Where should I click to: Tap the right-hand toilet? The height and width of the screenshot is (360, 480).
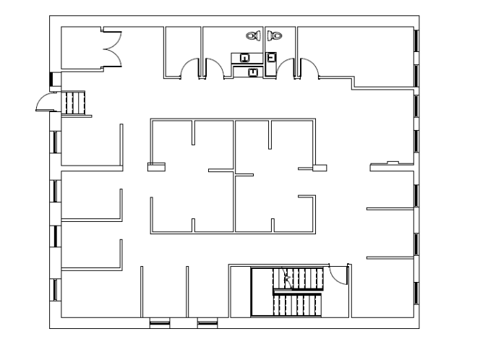[x=277, y=35]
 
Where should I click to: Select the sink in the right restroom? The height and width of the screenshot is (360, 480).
[x=272, y=57]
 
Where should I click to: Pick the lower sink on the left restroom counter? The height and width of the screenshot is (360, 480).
[x=252, y=72]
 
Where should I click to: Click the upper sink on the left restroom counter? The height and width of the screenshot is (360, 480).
[x=245, y=57]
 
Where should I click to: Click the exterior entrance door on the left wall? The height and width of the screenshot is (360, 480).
[x=45, y=104]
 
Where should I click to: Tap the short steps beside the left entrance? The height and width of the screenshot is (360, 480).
[x=75, y=102]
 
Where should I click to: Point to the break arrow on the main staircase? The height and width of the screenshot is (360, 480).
[x=288, y=278]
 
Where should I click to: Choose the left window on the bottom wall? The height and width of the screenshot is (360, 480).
[x=159, y=322]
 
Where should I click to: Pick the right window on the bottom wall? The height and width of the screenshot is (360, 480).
[x=207, y=322]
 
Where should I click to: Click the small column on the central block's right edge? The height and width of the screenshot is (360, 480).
[x=320, y=168]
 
